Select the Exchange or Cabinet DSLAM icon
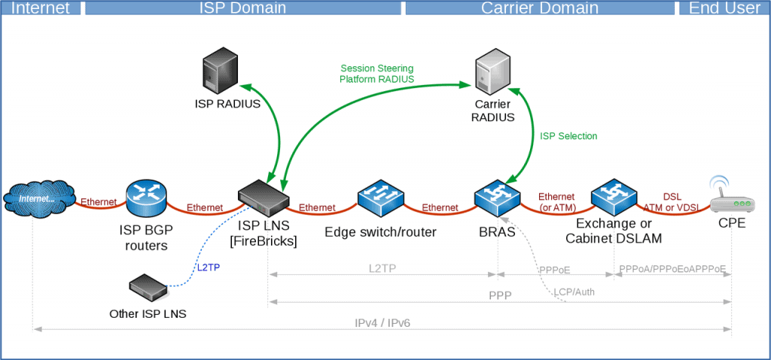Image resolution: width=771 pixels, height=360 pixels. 614,197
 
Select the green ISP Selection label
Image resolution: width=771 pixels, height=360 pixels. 568,136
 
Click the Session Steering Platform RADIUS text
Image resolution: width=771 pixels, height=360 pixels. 376,73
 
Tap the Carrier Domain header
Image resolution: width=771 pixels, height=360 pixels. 540,8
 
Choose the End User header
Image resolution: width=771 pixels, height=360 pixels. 724,8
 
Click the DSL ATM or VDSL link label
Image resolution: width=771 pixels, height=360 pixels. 672,202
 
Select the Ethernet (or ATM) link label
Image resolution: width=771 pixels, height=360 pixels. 556,202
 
